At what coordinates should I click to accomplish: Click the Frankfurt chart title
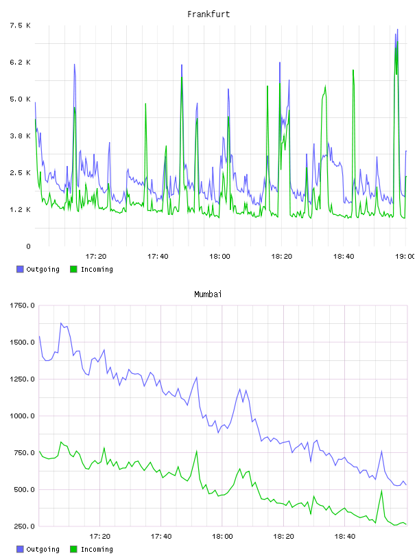point(208,14)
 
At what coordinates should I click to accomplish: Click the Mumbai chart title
point(208,294)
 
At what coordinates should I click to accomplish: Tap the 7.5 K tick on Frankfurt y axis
point(20,25)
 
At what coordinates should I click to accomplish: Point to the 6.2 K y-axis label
point(20,62)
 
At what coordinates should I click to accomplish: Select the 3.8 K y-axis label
point(20,136)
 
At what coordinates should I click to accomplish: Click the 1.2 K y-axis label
point(20,209)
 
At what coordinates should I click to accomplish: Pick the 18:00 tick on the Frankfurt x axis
point(219,256)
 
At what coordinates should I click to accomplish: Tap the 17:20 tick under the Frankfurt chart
point(96,256)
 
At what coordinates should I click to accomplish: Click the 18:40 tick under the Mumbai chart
point(345,536)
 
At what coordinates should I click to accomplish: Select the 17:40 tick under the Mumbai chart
point(161,536)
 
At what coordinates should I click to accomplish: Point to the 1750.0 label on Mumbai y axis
point(22,305)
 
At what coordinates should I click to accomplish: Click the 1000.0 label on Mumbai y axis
point(22,416)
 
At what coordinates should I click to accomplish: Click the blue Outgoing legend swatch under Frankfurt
point(20,269)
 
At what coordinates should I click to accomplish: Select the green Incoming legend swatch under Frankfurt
point(73,269)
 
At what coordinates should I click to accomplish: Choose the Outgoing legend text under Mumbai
point(43,549)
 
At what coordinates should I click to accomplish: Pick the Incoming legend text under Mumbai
point(97,549)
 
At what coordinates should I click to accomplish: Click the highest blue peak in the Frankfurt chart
point(397,30)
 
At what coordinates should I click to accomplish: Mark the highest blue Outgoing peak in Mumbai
point(61,323)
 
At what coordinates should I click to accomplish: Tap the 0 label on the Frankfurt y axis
point(28,246)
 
